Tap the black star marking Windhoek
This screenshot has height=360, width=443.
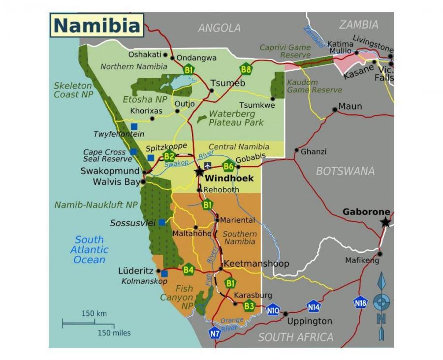199,172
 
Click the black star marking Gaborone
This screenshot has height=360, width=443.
385,222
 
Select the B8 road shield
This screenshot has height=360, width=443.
246,68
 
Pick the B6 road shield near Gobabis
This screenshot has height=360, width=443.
228,166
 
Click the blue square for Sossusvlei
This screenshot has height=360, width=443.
162,223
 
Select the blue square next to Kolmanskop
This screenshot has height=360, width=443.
164,273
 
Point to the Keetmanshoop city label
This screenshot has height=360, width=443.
256,264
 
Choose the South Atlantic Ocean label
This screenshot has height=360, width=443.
89,249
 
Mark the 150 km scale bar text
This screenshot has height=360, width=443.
94,314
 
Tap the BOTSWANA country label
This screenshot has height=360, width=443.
345,171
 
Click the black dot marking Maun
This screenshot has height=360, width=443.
335,109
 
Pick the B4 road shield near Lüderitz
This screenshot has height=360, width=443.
189,270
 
